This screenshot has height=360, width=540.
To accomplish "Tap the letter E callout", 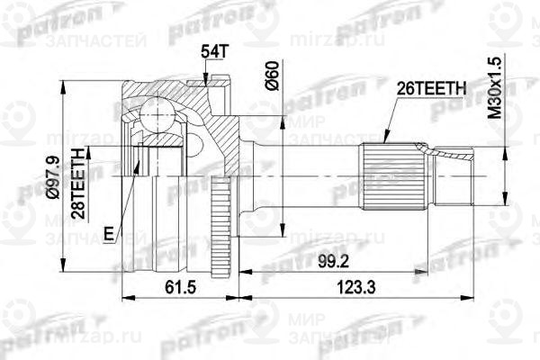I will click(108, 235).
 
